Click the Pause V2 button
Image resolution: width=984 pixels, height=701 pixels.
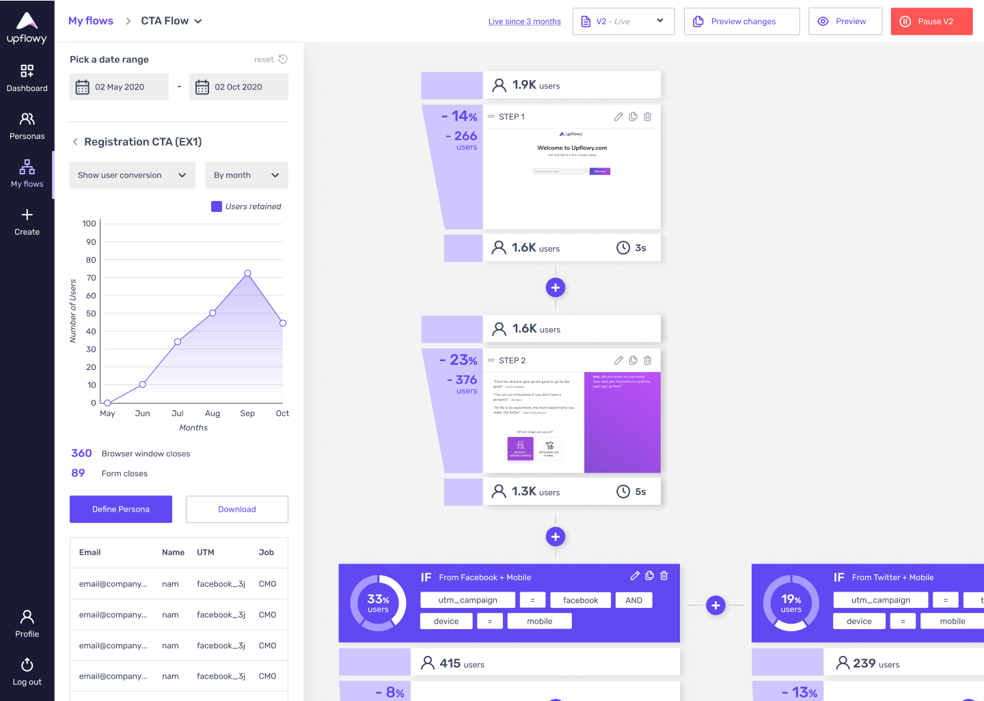click(x=931, y=21)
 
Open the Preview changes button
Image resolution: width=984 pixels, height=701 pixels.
click(x=741, y=21)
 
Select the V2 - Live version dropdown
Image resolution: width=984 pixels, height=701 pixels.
click(x=623, y=21)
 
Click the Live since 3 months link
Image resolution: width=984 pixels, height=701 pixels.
click(x=524, y=22)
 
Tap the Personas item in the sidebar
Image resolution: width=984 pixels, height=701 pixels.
click(x=27, y=126)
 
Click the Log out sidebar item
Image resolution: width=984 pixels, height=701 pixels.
click(x=27, y=672)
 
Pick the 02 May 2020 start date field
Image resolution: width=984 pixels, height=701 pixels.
click(x=119, y=87)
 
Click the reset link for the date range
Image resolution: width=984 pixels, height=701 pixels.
click(x=270, y=59)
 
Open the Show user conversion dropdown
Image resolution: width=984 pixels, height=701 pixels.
click(x=132, y=175)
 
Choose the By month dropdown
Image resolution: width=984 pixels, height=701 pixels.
click(x=246, y=175)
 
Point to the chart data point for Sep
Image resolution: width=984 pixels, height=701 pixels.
click(x=247, y=274)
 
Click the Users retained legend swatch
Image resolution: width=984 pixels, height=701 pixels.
click(x=217, y=207)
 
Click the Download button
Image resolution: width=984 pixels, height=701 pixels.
click(x=236, y=510)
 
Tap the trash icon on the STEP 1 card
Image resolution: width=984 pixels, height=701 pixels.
click(x=648, y=117)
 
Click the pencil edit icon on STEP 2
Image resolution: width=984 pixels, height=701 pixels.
click(x=618, y=360)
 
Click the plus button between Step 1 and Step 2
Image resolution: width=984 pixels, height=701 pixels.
click(x=556, y=288)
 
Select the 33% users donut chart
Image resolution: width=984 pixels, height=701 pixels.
click(x=378, y=603)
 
